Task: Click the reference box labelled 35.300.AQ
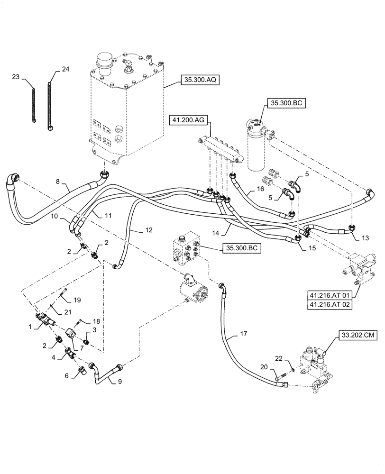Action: coord(199,81)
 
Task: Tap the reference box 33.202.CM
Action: coord(356,336)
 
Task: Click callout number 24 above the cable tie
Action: coord(65,69)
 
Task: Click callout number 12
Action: coord(149,230)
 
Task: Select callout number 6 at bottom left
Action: coord(67,375)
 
